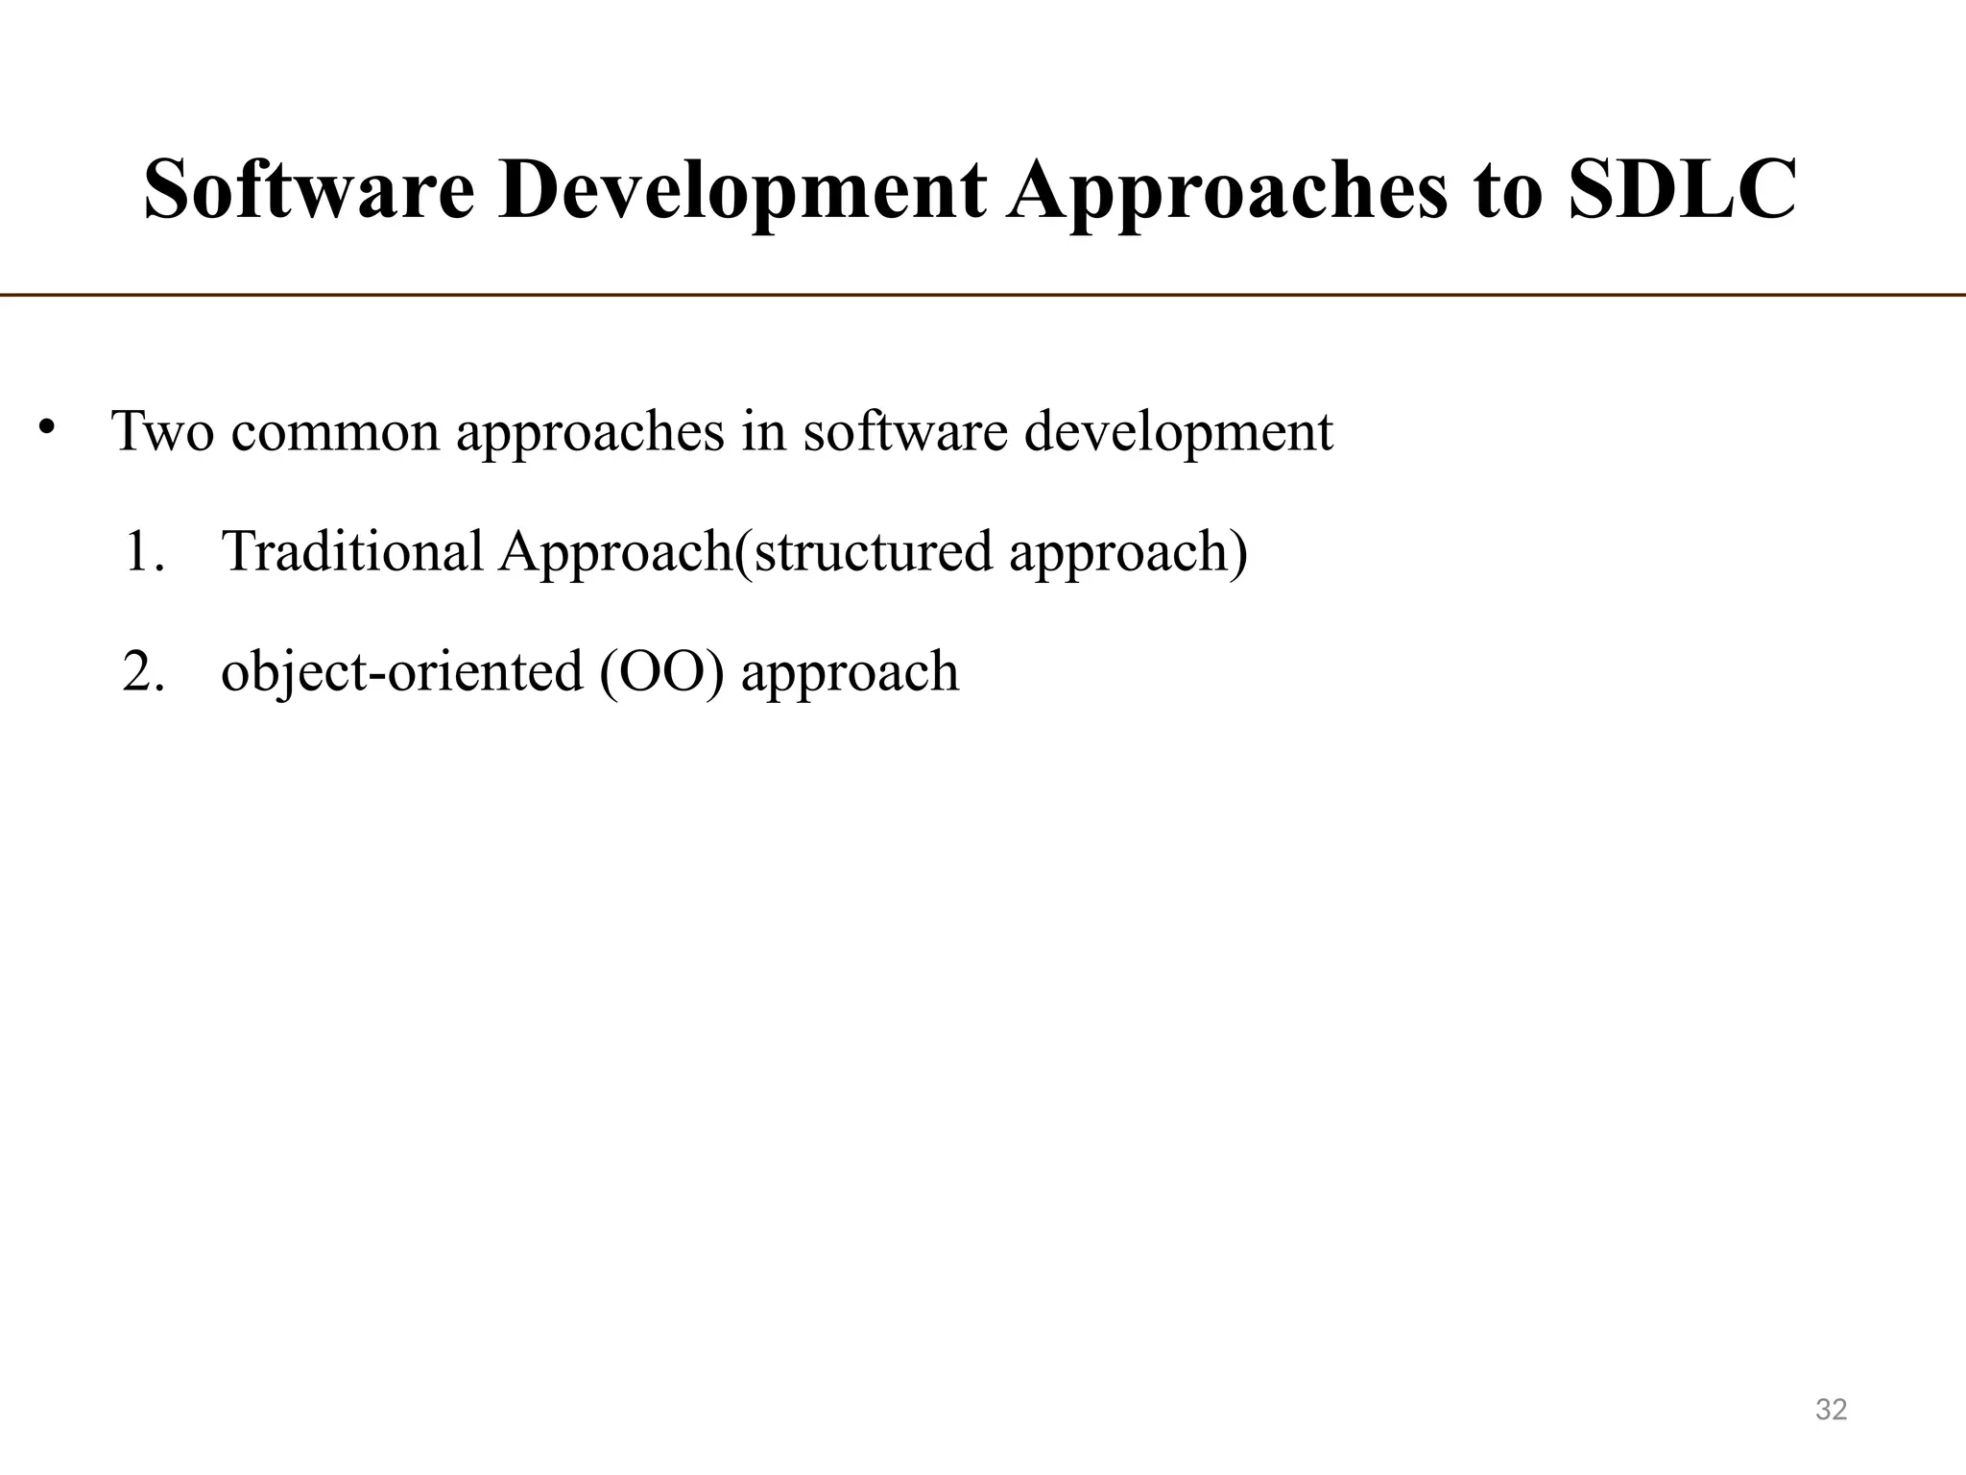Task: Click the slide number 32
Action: pyautogui.click(x=1831, y=1410)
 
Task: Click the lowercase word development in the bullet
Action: pyautogui.click(x=1178, y=432)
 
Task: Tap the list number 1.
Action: pyautogui.click(x=144, y=552)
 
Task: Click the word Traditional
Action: pyautogui.click(x=352, y=551)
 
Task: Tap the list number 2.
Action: pyautogui.click(x=144, y=671)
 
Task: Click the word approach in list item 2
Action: pyautogui.click(x=850, y=673)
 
